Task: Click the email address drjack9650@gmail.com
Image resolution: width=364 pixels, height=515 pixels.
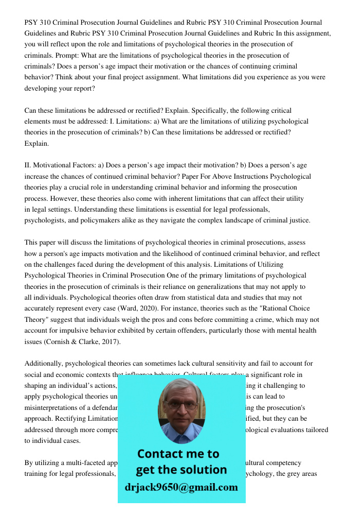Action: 181,487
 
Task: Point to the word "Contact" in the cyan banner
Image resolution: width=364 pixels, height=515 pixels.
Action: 159,454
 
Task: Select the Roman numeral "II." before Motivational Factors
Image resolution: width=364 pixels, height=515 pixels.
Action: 28,165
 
